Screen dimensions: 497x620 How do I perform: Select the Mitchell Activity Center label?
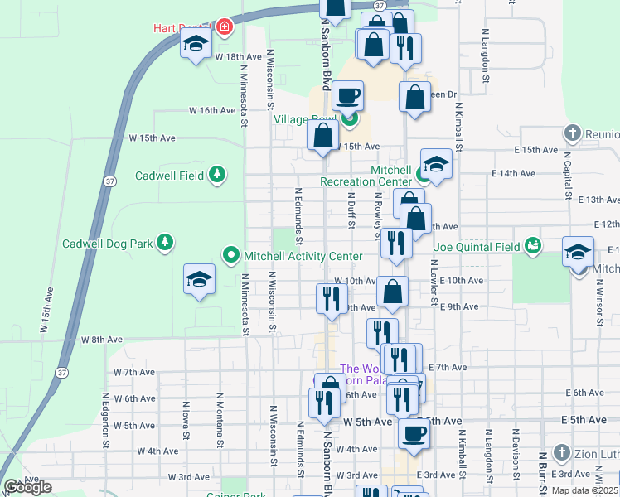[303, 257]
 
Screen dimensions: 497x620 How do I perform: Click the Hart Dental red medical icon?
[224, 27]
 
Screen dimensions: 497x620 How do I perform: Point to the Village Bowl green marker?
[349, 119]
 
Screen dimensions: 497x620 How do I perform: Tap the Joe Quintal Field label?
[477, 246]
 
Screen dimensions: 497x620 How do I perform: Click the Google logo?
[27, 487]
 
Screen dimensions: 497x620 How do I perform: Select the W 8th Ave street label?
[102, 340]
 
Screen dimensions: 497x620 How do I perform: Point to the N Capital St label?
[568, 173]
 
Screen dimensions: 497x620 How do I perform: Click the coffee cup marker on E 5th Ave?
[414, 432]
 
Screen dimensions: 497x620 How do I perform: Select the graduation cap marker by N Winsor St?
[578, 252]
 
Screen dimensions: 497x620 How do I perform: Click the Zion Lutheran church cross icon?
[561, 452]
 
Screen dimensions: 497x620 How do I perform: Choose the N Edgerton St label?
[106, 420]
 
